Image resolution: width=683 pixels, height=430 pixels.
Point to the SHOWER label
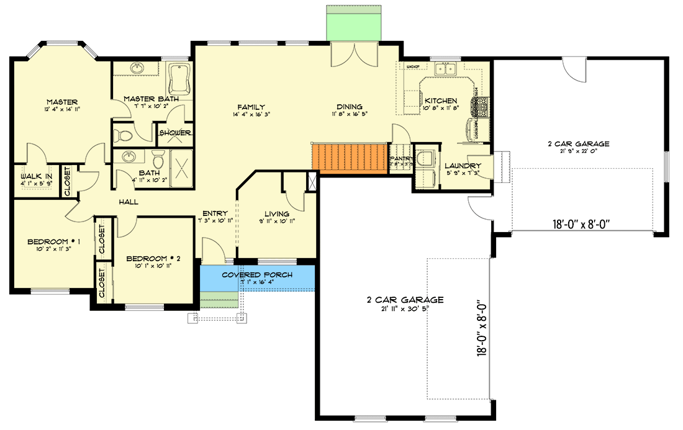pos(175,133)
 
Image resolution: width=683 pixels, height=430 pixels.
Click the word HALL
pos(129,202)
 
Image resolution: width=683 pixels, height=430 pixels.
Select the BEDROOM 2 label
pos(153,258)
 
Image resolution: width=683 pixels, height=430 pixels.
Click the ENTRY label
pos(214,214)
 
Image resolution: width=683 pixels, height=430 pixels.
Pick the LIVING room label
pos(276,214)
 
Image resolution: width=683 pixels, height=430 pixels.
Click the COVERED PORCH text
pos(257,275)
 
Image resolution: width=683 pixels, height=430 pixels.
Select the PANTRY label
pos(401,158)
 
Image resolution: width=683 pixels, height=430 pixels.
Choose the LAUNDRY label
pos(463,166)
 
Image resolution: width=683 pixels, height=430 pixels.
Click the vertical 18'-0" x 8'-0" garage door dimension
pos(481,328)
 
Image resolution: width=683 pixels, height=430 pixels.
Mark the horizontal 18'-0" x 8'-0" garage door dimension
pos(583,225)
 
